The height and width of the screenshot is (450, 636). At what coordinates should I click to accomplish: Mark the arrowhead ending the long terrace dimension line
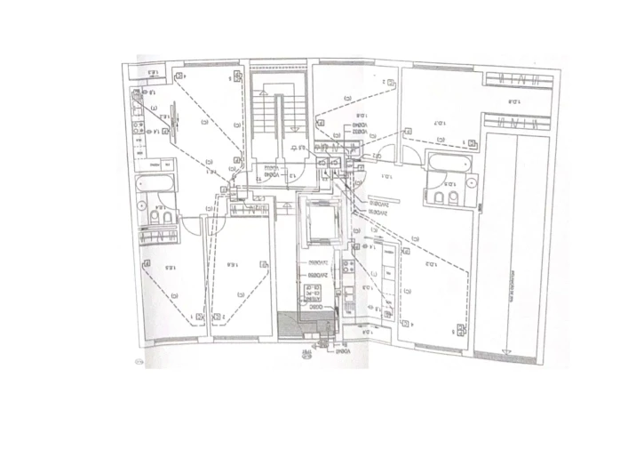click(510, 348)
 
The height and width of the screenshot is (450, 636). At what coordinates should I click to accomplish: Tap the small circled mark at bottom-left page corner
click(138, 361)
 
